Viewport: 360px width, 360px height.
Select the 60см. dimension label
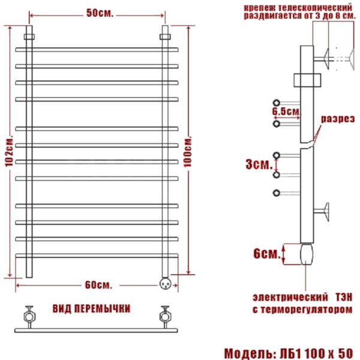click(x=98, y=283)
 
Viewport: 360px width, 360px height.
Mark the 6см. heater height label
click(x=265, y=254)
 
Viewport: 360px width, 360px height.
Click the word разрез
click(x=337, y=119)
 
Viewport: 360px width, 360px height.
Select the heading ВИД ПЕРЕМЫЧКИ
click(x=92, y=308)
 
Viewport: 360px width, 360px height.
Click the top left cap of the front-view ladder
click(x=29, y=31)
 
